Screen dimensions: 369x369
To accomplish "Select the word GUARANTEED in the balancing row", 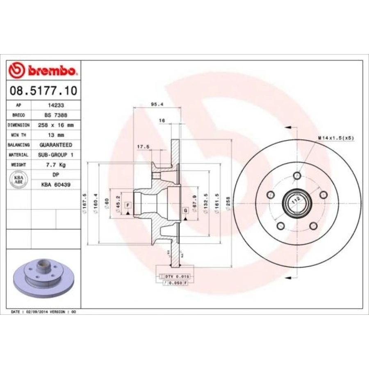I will point(56,145).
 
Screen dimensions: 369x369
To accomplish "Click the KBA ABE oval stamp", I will point(19,180).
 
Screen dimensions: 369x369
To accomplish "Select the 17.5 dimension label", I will point(143,146).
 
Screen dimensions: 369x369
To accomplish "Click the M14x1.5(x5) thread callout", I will point(335,138).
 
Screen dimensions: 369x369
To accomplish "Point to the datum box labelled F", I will point(128,205).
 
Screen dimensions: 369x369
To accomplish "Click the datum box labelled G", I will point(186,210).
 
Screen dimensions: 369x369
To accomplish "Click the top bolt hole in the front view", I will point(297,177).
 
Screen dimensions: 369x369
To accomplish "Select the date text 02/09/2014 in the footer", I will point(38,312).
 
